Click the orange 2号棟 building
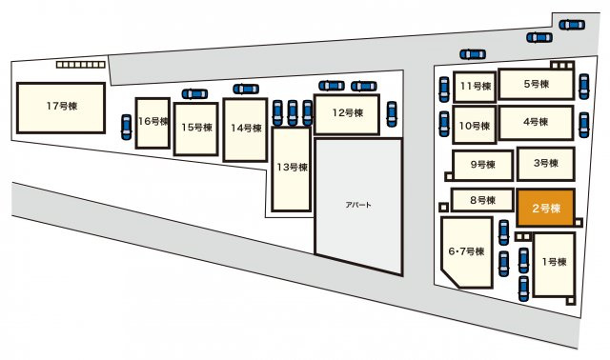(546, 208)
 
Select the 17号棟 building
(61, 108)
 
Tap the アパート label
(358, 205)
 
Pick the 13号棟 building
(292, 170)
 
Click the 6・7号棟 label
(466, 251)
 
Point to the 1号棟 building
(554, 265)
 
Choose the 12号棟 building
(347, 114)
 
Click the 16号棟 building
(152, 123)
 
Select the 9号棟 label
(483, 165)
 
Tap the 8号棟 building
(482, 200)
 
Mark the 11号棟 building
(475, 87)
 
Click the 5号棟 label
(536, 84)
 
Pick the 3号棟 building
(546, 164)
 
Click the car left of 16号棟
(126, 127)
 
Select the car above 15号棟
(194, 93)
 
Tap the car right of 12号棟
(392, 114)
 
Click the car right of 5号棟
(584, 87)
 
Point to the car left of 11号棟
(444, 90)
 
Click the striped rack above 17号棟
(80, 65)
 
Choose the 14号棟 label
(246, 128)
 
